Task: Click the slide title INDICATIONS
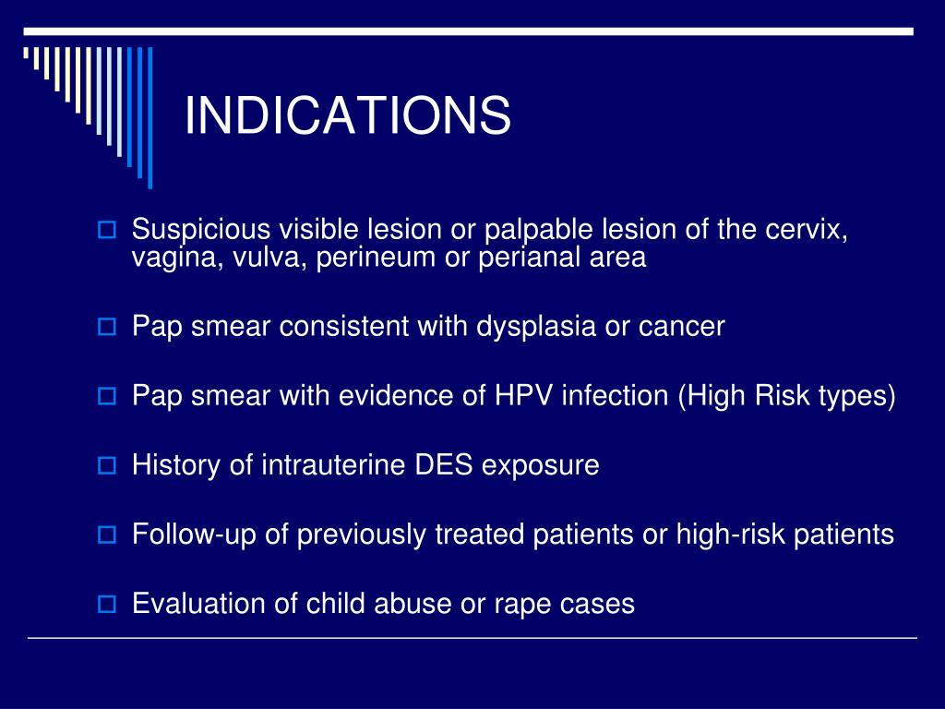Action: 347,116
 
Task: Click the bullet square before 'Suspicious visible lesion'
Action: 105,229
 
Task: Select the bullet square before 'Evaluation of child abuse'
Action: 105,606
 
